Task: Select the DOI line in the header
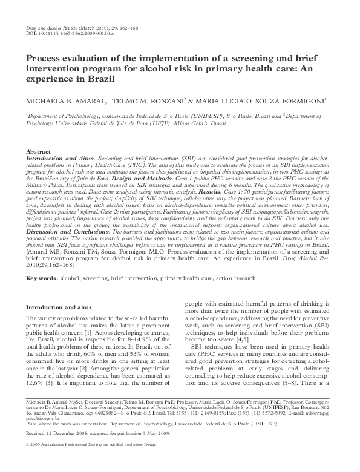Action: (x=71, y=34)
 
